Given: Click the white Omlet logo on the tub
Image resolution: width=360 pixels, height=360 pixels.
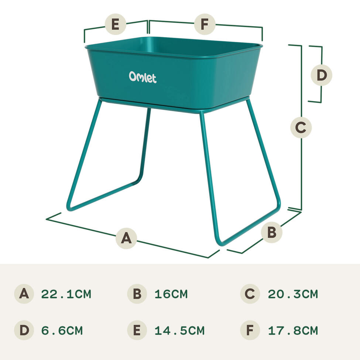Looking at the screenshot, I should click(x=143, y=77).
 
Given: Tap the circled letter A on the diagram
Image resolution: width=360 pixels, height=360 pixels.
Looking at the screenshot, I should click(x=126, y=238).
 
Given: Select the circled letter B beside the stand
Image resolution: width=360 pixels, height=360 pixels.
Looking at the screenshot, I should click(x=271, y=233).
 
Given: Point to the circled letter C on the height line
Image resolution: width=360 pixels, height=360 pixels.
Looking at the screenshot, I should click(x=301, y=128).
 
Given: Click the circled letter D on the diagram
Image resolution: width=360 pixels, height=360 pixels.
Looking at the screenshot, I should click(x=322, y=75).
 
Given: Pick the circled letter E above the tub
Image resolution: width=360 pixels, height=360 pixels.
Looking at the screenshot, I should click(x=115, y=25).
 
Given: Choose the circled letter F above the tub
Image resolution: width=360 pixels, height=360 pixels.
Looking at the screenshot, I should click(x=205, y=25).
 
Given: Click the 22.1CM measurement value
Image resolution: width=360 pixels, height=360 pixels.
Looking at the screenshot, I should click(x=66, y=294).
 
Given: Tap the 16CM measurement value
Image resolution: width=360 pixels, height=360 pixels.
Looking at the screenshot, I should click(x=171, y=294).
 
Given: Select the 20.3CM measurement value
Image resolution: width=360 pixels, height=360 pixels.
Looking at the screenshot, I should click(x=293, y=294).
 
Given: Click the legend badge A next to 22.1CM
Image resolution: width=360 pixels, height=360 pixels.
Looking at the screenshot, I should click(x=24, y=294).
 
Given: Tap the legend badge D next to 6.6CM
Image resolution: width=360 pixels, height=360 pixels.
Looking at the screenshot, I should click(x=24, y=330).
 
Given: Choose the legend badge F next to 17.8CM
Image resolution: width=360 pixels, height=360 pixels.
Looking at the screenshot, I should click(x=250, y=330).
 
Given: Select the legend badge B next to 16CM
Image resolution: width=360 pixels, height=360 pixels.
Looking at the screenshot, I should click(x=137, y=294).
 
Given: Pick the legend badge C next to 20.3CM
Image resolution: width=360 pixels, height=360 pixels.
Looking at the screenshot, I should click(x=250, y=294).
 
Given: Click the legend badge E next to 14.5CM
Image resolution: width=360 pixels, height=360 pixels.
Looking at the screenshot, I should click(x=137, y=330).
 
